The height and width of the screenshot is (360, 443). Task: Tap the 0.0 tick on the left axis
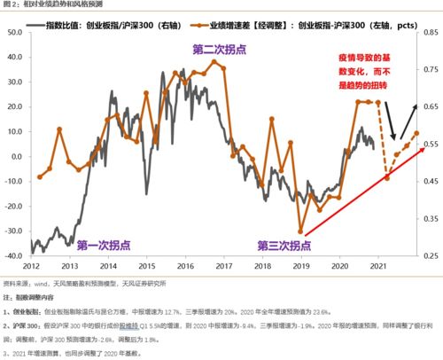(17, 155)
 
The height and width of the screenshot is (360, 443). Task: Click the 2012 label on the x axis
(32, 265)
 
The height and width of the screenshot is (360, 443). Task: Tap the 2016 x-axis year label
(187, 265)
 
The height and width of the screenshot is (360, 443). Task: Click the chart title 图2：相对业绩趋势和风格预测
(44, 5)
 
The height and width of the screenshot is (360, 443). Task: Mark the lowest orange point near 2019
(301, 232)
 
